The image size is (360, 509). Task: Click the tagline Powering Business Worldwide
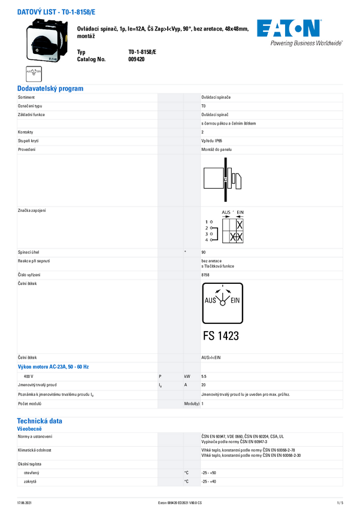click(x=306, y=44)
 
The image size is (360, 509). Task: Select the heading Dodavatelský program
click(x=50, y=89)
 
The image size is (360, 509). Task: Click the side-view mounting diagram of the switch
click(x=222, y=180)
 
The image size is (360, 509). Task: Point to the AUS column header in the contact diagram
click(x=226, y=213)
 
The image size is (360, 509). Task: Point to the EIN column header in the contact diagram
click(x=240, y=213)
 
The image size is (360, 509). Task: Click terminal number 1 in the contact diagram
click(x=207, y=222)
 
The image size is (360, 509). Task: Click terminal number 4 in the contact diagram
click(x=207, y=240)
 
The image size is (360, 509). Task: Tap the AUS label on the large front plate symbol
click(x=210, y=301)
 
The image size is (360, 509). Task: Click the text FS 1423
click(x=221, y=336)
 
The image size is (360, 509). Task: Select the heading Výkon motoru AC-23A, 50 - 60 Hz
click(x=53, y=366)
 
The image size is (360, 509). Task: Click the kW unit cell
click(x=187, y=376)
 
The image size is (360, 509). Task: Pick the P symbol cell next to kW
click(x=160, y=376)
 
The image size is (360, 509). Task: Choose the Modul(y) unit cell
click(x=192, y=404)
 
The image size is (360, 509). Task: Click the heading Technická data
click(x=40, y=421)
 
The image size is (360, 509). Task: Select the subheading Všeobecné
click(x=29, y=429)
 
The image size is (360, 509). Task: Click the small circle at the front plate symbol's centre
click(x=222, y=302)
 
